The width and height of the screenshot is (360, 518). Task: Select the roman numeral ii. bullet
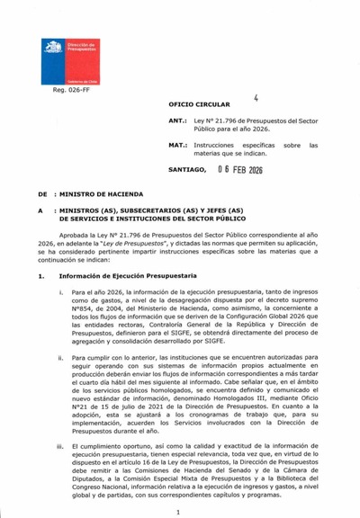[x=60, y=359]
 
